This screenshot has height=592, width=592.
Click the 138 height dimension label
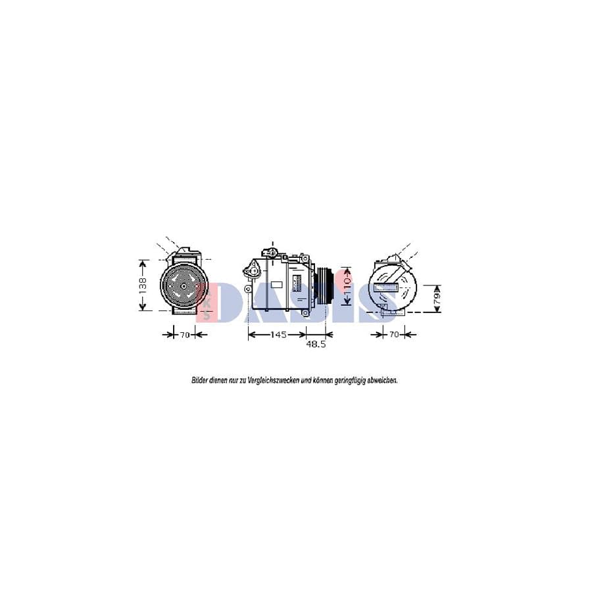coord(143,284)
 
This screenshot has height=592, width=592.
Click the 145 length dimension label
coord(278,335)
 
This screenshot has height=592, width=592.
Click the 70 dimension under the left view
coord(185,335)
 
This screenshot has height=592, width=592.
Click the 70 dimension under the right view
coord(393,335)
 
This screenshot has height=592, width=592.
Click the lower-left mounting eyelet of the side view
coord(247,289)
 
